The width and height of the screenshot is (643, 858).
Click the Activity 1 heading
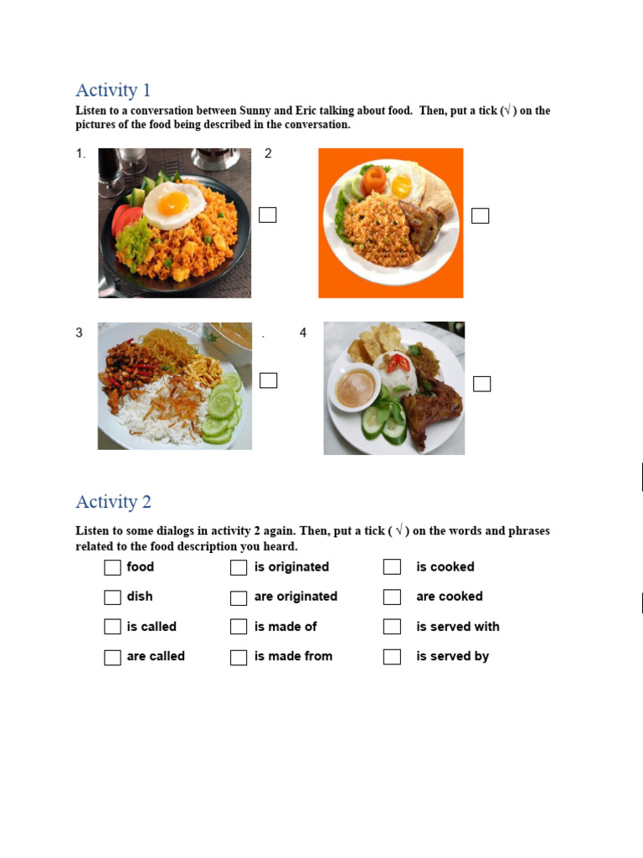(x=113, y=90)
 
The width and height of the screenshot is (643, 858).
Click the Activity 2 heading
(x=113, y=502)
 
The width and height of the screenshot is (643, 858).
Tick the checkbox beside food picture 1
(x=268, y=215)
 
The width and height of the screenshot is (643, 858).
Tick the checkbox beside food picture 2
(x=480, y=216)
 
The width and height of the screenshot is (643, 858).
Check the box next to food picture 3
(x=268, y=380)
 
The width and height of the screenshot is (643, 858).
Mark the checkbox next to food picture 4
(x=481, y=384)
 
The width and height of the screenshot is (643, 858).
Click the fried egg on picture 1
(x=176, y=204)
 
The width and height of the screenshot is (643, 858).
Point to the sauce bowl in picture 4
(x=356, y=388)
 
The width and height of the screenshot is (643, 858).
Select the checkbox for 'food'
(x=113, y=567)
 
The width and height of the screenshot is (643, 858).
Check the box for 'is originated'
(x=239, y=567)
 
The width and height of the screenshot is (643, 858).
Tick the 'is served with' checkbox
(x=392, y=627)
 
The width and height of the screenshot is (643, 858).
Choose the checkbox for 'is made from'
(x=239, y=657)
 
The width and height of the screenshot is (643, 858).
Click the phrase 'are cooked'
(x=450, y=597)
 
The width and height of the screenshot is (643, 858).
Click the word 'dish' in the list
(x=140, y=597)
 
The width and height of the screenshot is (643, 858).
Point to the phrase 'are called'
(x=156, y=656)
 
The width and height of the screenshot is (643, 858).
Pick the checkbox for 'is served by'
(x=392, y=657)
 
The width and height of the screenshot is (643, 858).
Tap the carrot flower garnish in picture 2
(x=375, y=178)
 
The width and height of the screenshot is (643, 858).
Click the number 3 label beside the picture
(x=80, y=333)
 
